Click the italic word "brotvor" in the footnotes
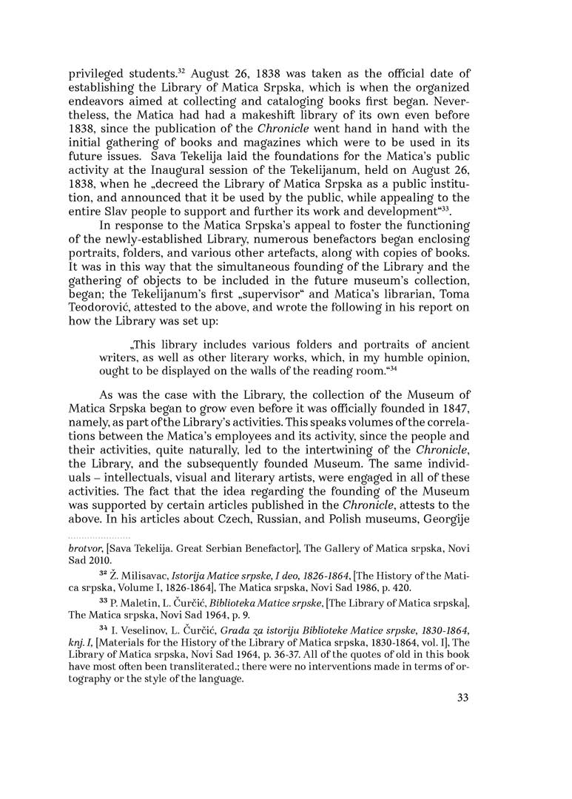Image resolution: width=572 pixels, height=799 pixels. click(x=86, y=548)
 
